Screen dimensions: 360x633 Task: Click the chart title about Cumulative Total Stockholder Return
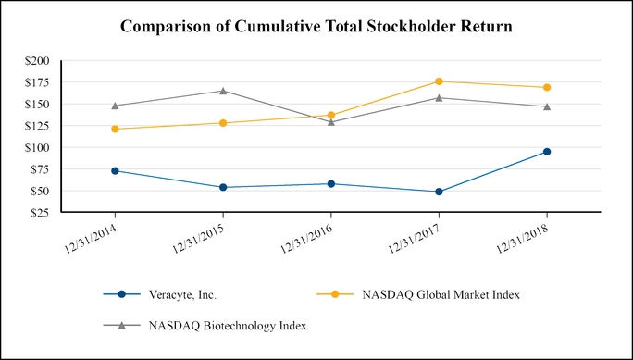coord(316,27)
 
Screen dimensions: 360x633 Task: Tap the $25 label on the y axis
coord(42,213)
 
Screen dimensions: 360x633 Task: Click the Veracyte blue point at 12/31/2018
coord(547,151)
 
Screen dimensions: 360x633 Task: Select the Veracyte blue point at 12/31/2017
coord(439,192)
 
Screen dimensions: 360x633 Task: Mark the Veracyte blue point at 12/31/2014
coord(115,170)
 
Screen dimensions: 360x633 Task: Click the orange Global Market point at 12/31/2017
coord(439,81)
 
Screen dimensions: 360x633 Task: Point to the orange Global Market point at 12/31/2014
coord(115,129)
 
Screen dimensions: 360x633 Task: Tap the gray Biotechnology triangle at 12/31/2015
coord(223,91)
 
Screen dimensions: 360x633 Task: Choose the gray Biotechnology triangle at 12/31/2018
coord(547,106)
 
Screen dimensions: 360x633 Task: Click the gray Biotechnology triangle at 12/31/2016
coord(331,121)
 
